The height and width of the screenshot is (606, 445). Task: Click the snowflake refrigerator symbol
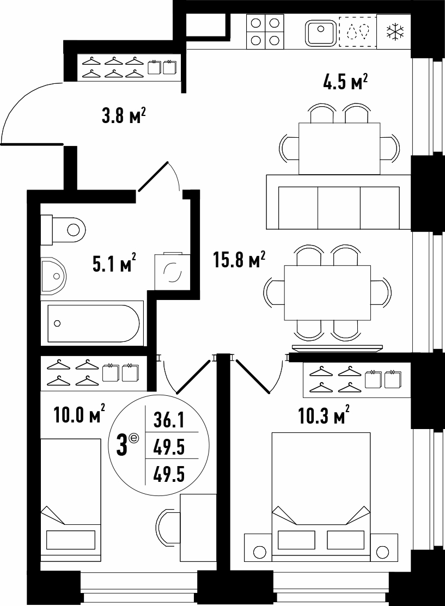click(x=395, y=31)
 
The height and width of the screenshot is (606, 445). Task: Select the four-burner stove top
click(x=265, y=32)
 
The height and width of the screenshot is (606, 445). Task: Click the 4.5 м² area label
click(x=344, y=82)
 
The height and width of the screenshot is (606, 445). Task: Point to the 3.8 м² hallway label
click(x=123, y=115)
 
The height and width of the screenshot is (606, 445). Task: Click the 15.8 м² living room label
click(x=239, y=260)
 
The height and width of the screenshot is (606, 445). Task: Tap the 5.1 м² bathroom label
click(x=114, y=264)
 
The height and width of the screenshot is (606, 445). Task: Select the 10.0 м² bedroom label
click(x=80, y=415)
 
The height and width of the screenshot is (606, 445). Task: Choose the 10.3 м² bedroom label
click(x=324, y=415)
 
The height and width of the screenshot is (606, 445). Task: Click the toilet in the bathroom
click(x=63, y=230)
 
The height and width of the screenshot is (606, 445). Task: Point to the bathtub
click(x=93, y=323)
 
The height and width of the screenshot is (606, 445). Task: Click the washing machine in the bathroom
click(x=172, y=271)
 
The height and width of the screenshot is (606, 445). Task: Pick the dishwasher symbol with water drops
click(x=358, y=32)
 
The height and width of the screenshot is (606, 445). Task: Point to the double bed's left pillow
click(x=296, y=540)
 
